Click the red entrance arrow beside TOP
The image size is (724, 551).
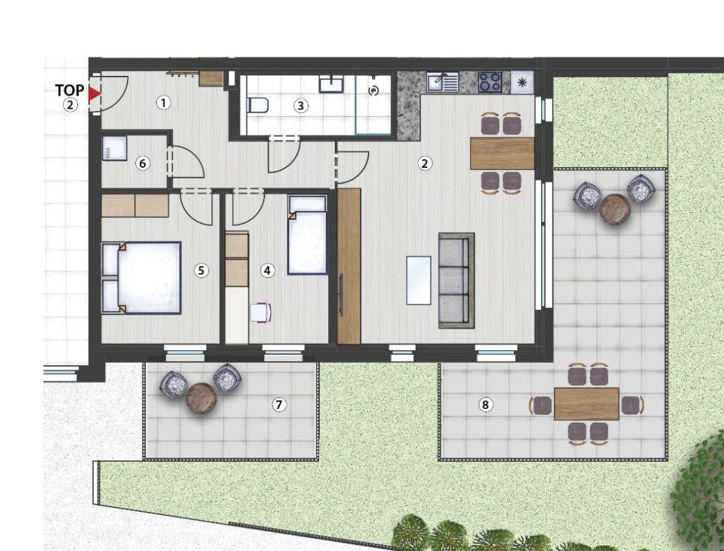click(x=94, y=94)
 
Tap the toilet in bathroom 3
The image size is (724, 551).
click(x=258, y=105)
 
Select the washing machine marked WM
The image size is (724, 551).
click(x=114, y=148)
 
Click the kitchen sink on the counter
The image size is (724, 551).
click(x=443, y=82)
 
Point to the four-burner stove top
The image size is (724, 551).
click(x=490, y=82)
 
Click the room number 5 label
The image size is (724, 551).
click(x=201, y=270)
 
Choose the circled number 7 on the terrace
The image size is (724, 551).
click(x=278, y=404)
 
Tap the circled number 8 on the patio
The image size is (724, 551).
click(x=485, y=405)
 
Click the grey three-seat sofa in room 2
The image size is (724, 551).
click(x=456, y=280)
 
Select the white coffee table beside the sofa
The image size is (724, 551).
click(x=418, y=280)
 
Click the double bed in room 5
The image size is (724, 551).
click(x=141, y=278)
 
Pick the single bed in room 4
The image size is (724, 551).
click(x=308, y=235)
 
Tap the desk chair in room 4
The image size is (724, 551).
click(x=261, y=312)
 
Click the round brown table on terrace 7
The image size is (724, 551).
click(x=201, y=397)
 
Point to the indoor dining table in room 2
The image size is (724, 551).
click(x=502, y=153)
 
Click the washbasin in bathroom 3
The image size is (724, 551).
click(x=331, y=85)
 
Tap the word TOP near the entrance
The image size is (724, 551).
click(x=70, y=90)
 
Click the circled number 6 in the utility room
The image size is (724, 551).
click(x=143, y=163)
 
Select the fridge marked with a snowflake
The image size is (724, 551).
click(x=522, y=83)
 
